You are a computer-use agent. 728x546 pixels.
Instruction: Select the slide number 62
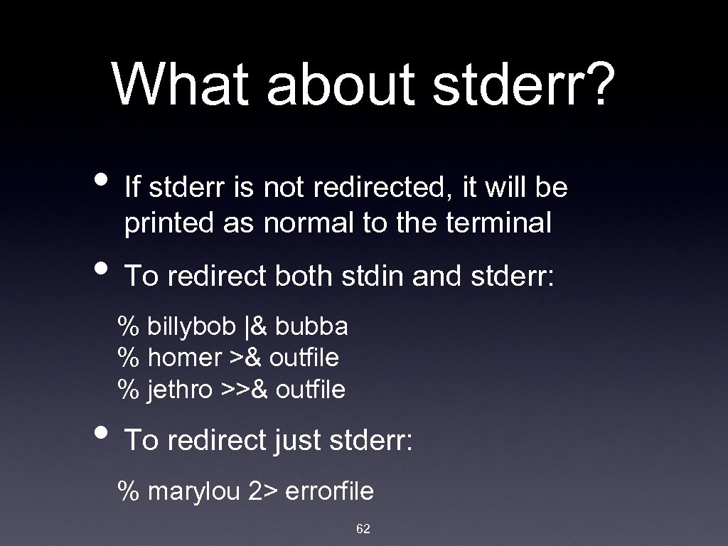[x=363, y=528]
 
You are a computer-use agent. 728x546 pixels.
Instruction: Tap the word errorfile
[x=329, y=491]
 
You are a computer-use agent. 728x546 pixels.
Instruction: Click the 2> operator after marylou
[x=263, y=491]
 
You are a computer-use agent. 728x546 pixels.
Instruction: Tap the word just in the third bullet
[x=298, y=441]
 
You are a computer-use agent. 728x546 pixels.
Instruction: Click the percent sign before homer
[x=128, y=358]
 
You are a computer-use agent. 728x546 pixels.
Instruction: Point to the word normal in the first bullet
[x=309, y=223]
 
